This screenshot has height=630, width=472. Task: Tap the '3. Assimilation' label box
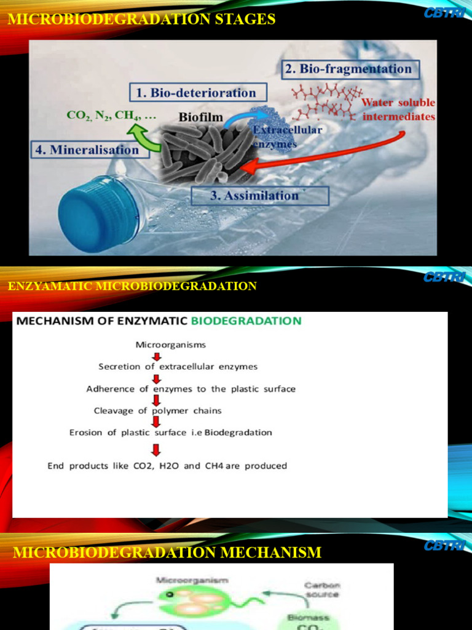260,196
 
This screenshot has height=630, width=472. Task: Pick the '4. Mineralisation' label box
90,150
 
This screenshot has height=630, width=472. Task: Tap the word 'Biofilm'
201,116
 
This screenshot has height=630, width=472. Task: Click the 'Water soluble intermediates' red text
398,110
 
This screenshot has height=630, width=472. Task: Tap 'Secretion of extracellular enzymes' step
178,366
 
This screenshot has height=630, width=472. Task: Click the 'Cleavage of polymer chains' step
158,410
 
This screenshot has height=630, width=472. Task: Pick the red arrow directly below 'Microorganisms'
157,356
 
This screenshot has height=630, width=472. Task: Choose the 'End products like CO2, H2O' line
167,466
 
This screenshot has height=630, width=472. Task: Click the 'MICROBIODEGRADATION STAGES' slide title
141,20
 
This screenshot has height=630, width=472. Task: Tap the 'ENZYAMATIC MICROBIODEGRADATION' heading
132,286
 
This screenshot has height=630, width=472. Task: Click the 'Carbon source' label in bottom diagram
322,590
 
